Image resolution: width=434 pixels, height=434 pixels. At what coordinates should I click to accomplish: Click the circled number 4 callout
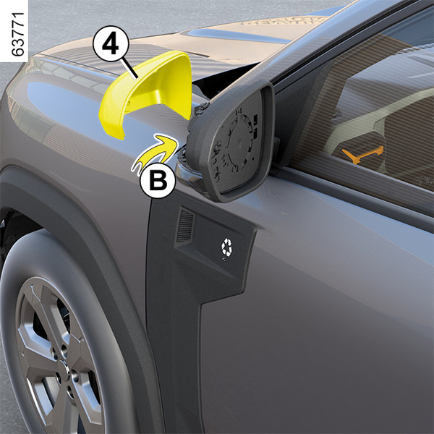point(111,43)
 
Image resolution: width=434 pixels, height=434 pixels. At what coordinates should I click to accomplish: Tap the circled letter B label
point(158,180)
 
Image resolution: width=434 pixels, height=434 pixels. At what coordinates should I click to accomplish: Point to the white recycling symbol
point(226,247)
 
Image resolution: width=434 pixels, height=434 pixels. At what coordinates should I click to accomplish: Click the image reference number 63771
point(18,34)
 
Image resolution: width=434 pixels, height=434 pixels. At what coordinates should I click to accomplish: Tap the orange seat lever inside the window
point(362,155)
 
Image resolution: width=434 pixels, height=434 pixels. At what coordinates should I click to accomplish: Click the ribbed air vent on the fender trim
point(185,226)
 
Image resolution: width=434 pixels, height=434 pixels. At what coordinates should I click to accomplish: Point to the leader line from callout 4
point(130,69)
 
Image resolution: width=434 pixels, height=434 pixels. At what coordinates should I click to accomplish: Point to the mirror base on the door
point(185,173)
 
